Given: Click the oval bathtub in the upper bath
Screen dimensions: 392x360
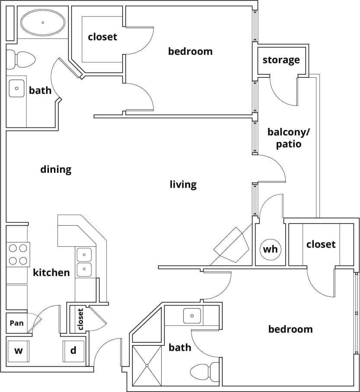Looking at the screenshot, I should click(x=43, y=22).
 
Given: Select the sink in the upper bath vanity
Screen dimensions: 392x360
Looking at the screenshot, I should click(x=17, y=89).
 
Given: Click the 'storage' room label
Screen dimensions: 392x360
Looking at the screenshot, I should click(x=281, y=60).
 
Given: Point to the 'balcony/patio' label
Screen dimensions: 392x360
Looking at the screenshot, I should click(x=284, y=137).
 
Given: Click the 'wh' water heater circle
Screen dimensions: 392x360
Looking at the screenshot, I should click(x=270, y=249).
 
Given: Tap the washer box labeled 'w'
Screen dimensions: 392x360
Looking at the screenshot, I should click(x=18, y=351).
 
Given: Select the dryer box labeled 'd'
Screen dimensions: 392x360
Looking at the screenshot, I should click(x=73, y=351).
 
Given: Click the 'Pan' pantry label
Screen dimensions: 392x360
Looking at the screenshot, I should click(x=16, y=323).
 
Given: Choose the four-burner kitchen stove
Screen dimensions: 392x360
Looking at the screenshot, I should click(x=17, y=255).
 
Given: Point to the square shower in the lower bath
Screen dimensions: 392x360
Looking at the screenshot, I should click(x=147, y=366).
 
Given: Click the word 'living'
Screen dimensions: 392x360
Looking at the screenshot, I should click(x=183, y=185).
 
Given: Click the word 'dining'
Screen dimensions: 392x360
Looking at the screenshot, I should click(x=56, y=169).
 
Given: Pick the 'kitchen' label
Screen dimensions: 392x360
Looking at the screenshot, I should click(x=51, y=273).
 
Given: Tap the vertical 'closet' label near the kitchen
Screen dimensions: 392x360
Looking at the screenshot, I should click(x=80, y=319).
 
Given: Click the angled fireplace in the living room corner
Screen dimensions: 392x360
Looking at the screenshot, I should click(x=231, y=245).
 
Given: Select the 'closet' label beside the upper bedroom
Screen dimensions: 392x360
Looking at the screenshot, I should click(x=102, y=37).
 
